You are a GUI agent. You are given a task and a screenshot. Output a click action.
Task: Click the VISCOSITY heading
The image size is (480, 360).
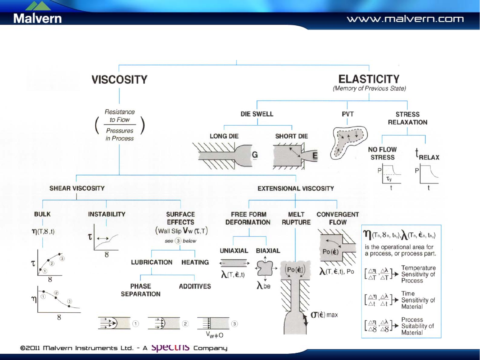tap(119, 80)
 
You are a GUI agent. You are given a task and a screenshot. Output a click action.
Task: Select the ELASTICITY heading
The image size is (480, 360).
tap(369, 79)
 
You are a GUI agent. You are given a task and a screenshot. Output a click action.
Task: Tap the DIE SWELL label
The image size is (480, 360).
tap(257, 114)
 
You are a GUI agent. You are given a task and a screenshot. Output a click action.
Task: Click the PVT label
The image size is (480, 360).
tap(347, 114)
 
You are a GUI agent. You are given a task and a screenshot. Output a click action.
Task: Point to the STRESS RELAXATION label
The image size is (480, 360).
tap(407, 118)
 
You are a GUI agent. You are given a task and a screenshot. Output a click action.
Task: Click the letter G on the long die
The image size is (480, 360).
tap(255, 155)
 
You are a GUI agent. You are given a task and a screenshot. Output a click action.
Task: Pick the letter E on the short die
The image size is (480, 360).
tap(315, 155)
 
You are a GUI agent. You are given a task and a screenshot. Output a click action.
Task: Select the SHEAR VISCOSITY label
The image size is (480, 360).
tap(77, 188)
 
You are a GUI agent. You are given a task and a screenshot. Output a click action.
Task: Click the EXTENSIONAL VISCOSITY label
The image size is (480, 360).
tap(295, 188)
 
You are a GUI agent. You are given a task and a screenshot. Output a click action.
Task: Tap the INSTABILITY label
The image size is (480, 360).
tap(107, 214)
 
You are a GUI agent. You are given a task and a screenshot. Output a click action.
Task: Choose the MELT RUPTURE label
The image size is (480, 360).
tap(296, 218)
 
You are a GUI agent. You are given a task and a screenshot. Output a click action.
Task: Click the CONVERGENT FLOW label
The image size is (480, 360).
tap(337, 218)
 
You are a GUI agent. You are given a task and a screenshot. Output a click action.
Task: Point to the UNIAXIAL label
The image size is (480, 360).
tap(234, 251)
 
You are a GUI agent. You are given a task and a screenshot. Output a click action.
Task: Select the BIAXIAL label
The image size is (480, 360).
tap(268, 251)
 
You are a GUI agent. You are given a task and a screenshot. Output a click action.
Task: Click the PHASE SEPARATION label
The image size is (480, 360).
tap(141, 290)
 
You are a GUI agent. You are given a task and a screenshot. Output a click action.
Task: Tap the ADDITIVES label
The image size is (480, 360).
tap(195, 286)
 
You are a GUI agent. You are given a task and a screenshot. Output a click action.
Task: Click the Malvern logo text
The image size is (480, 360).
tap(37, 18)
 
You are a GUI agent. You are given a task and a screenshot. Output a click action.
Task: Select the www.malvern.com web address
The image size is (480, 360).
tap(405, 19)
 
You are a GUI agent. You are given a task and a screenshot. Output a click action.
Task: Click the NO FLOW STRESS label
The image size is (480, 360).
tap(382, 154)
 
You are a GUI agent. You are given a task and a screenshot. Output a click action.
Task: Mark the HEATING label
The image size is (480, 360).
tap(195, 262)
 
